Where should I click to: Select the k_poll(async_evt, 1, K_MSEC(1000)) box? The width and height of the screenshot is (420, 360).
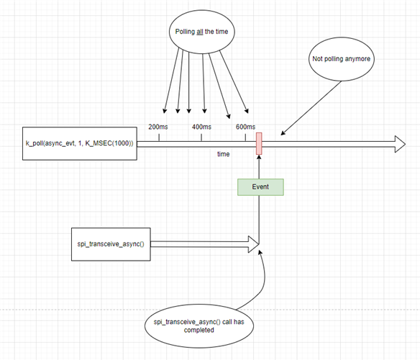tap(79, 144)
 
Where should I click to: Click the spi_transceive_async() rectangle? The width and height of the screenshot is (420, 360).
tap(110, 243)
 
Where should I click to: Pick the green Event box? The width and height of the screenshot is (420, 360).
tap(260, 187)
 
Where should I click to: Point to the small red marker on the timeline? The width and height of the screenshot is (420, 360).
tap(259, 143)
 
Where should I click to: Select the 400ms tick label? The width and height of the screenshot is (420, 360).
tap(201, 127)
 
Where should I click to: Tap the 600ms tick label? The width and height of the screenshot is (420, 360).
tap(245, 127)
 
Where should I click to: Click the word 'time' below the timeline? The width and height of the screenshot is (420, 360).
tap(224, 154)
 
